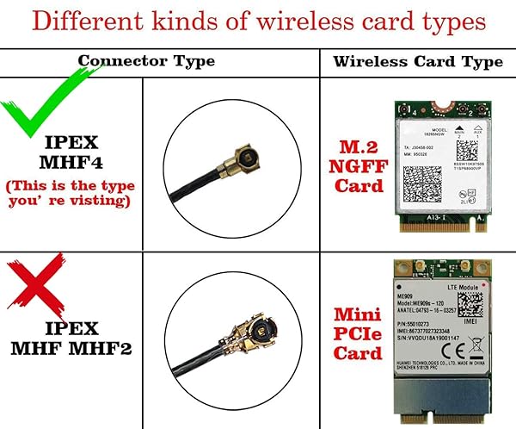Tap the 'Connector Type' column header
(146, 61)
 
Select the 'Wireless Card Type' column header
(418, 61)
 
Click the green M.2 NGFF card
(439, 162)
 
